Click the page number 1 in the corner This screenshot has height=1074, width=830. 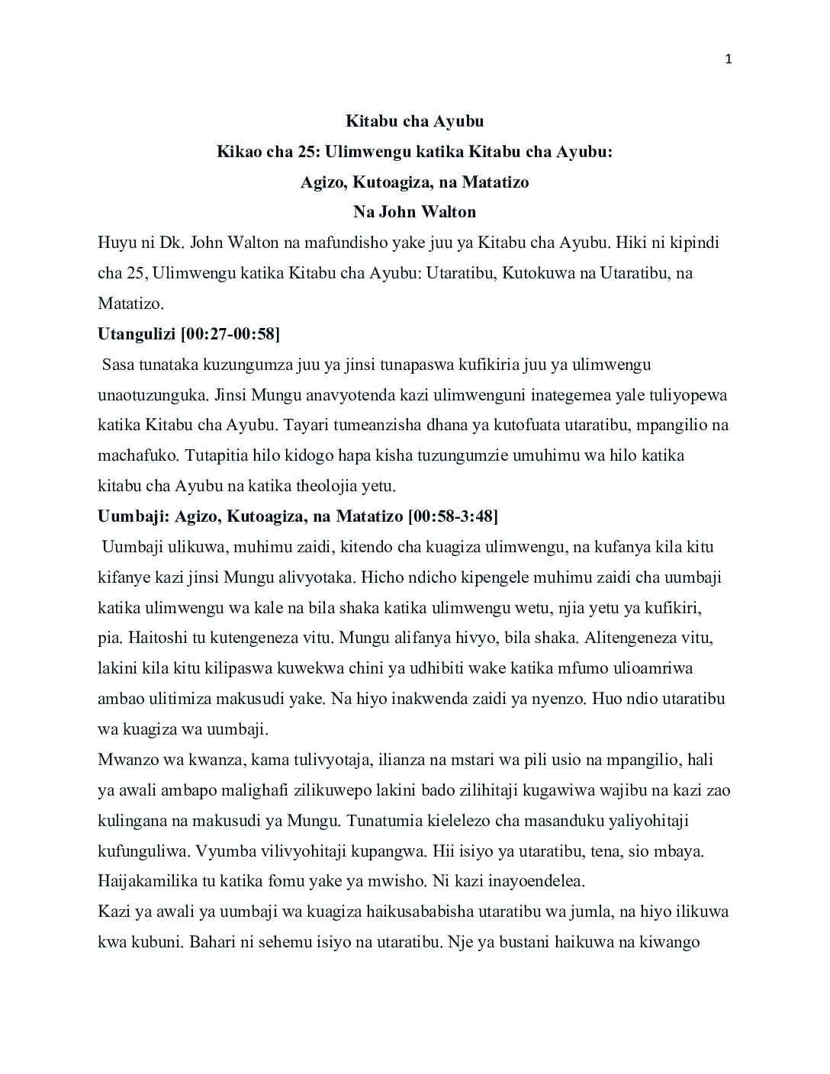point(729,60)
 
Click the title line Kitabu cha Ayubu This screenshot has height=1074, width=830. point(415,121)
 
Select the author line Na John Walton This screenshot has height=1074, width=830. point(415,213)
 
